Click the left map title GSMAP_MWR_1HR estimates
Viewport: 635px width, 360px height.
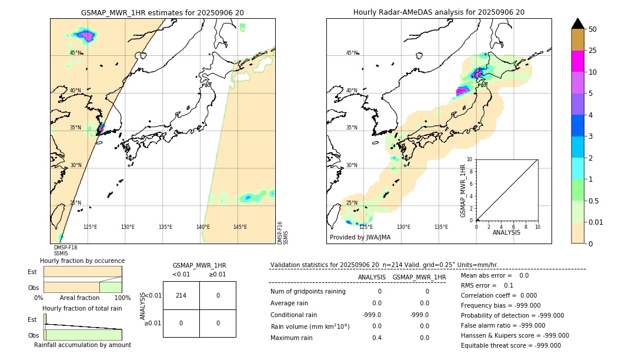[162, 12]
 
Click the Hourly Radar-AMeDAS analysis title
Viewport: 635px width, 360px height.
[439, 12]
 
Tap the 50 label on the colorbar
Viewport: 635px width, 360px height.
[593, 29]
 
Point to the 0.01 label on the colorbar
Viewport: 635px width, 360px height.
[597, 222]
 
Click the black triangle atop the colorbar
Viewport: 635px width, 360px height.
[577, 24]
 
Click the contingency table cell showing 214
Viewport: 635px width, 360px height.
[181, 295]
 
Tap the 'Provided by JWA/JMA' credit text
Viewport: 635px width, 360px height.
[360, 237]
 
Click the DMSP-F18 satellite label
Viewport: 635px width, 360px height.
[65, 248]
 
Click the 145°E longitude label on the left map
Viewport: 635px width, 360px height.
[240, 227]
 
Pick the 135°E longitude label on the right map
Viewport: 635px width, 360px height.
[441, 227]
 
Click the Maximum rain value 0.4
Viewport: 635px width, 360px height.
[376, 338]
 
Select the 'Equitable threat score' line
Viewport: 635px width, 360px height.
[510, 346]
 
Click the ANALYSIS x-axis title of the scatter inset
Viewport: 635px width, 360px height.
[507, 232]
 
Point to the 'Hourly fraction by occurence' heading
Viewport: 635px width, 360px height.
[82, 261]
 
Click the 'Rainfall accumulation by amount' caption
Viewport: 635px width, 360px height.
[82, 345]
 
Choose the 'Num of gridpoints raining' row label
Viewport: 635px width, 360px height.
[308, 292]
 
